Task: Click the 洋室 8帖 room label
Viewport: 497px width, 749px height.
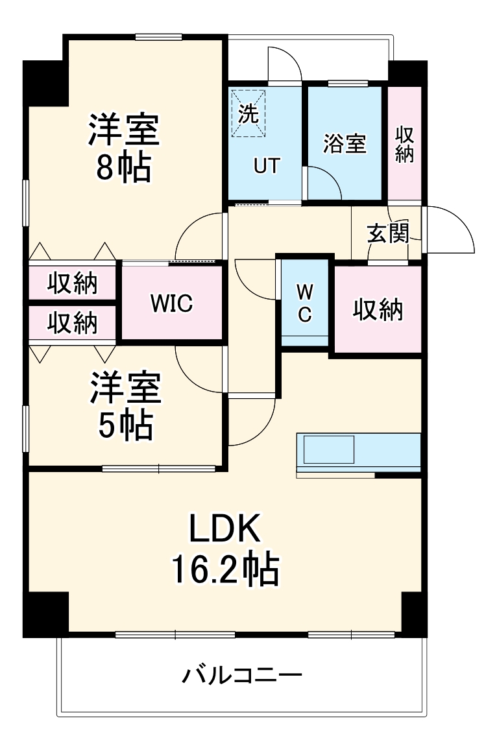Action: [x=124, y=148]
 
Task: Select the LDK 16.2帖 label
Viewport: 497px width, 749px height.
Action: [x=224, y=549]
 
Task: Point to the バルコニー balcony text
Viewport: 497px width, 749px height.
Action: [x=241, y=677]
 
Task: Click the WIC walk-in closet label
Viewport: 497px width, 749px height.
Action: [x=171, y=303]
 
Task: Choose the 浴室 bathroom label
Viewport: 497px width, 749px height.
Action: [x=345, y=144]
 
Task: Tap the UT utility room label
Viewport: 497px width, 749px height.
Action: [x=266, y=166]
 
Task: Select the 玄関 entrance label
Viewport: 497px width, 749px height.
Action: [x=387, y=233]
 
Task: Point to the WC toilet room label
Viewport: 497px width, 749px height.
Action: [x=304, y=303]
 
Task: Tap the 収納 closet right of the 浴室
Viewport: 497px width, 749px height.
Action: [x=405, y=144]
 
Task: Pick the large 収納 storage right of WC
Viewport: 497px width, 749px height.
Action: [x=378, y=310]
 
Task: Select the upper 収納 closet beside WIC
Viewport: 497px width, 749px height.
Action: [x=72, y=283]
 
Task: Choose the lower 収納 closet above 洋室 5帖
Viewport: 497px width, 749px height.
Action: [x=72, y=322]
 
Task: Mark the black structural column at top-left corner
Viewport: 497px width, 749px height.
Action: [x=45, y=83]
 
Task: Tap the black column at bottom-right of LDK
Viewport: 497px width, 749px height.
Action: [x=413, y=613]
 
